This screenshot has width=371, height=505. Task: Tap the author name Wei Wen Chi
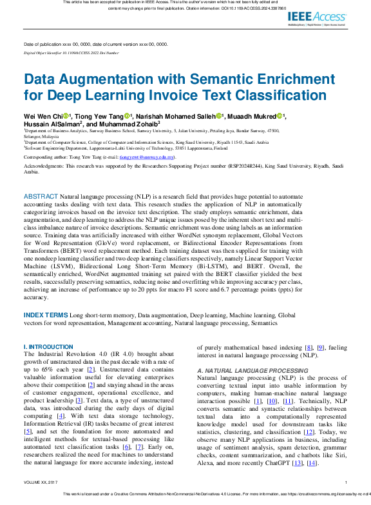(43, 116)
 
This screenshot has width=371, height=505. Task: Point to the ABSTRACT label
(41, 196)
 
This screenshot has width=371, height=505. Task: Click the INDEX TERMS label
(46, 315)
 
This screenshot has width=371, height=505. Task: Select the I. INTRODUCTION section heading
(48, 347)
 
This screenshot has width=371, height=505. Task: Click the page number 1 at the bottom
(346, 482)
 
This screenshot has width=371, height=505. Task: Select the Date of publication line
(95, 44)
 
